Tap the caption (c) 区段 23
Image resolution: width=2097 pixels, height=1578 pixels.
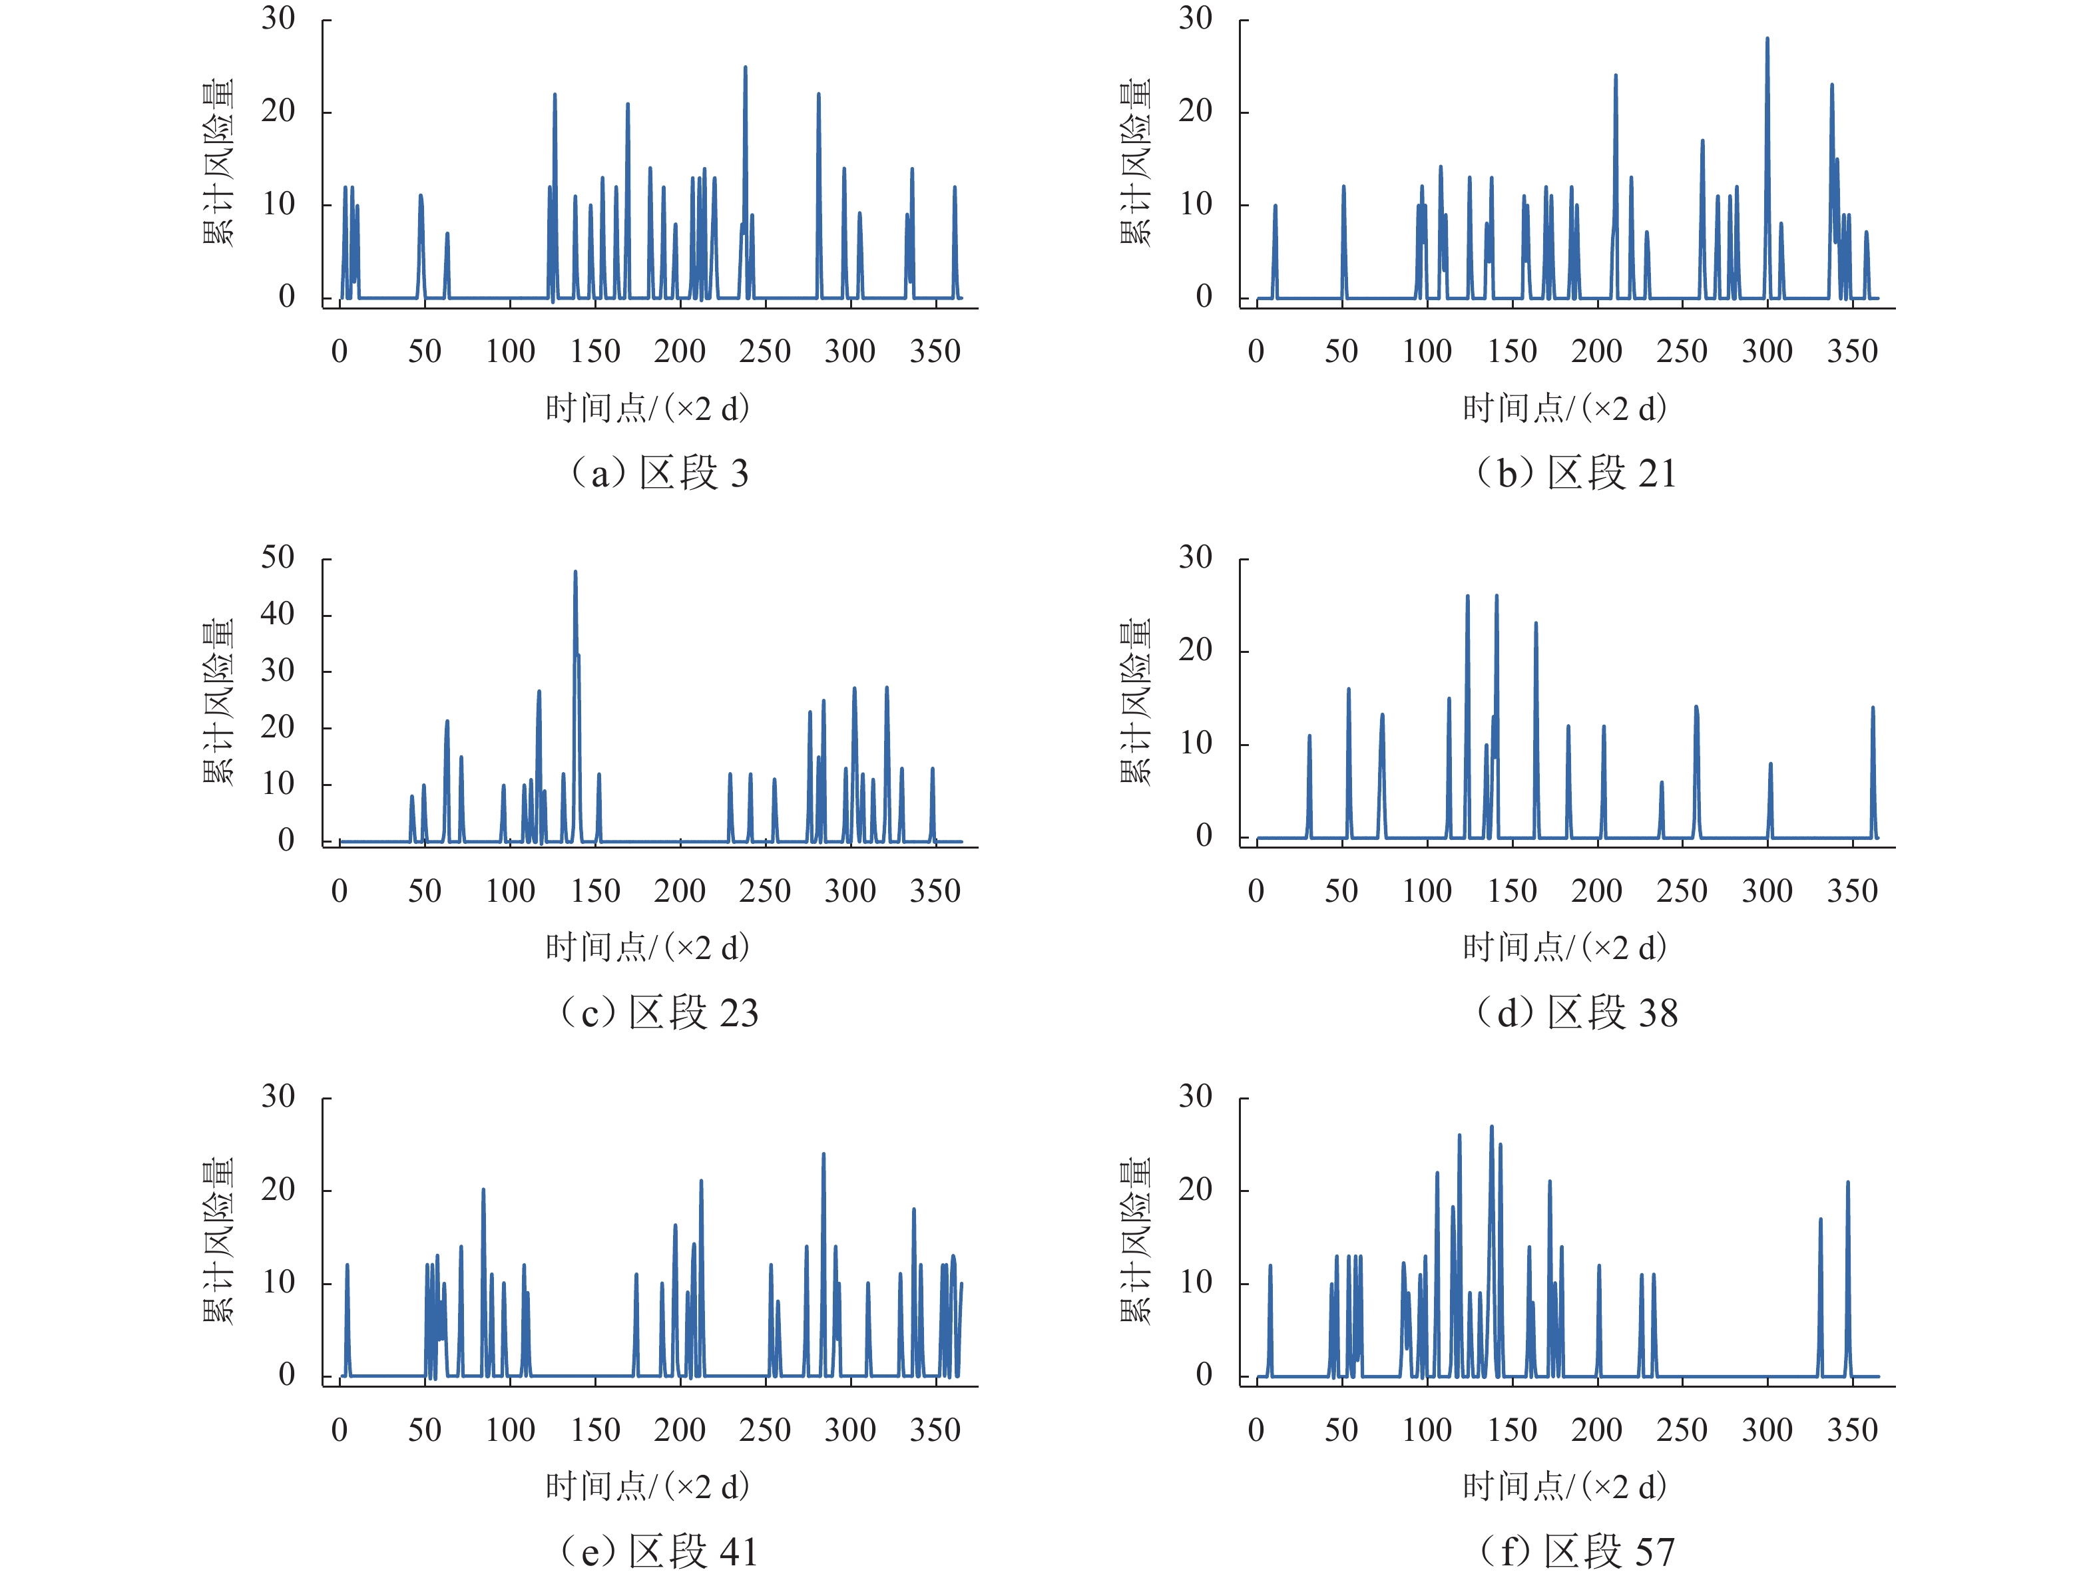tap(660, 1012)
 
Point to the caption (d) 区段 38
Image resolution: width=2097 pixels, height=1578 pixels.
tap(1576, 1012)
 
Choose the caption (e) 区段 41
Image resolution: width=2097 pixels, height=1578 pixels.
tap(660, 1551)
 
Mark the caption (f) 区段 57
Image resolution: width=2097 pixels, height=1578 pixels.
tap(1576, 1551)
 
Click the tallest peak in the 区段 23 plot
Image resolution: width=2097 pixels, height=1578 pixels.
tap(575, 572)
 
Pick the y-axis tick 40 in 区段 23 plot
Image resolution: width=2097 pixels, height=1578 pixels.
tap(278, 615)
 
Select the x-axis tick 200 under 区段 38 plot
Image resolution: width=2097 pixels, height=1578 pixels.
tap(1596, 891)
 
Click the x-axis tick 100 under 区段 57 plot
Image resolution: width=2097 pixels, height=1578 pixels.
tap(1427, 1430)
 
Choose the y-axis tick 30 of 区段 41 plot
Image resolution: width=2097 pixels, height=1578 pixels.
tap(278, 1097)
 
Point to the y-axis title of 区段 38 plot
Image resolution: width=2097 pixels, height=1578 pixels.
tap(1136, 701)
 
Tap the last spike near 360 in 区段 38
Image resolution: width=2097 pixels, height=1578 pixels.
tap(1872, 709)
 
